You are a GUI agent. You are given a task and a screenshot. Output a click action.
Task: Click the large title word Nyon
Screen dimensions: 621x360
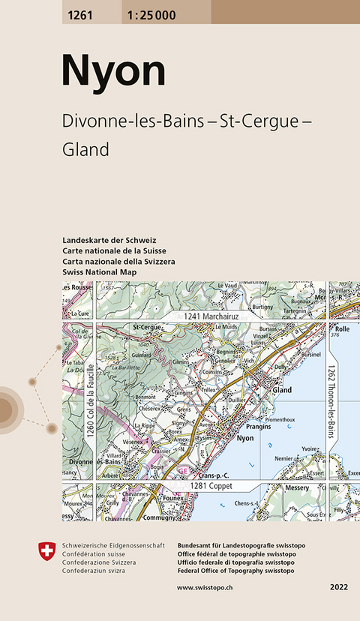[x=113, y=72]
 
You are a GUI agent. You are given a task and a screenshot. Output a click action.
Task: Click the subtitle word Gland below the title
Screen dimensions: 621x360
[x=86, y=149]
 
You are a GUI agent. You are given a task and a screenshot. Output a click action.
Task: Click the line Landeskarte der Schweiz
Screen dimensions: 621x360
[x=109, y=239]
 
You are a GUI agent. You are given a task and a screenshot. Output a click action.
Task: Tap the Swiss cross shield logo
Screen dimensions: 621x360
[x=46, y=551]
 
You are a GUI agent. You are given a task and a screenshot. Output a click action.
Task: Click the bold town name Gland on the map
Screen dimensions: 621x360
[x=282, y=391]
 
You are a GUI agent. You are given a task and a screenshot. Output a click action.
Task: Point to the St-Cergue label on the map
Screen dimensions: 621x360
[x=147, y=328]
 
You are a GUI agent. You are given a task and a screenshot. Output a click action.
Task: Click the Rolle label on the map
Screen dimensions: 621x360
[x=342, y=328]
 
